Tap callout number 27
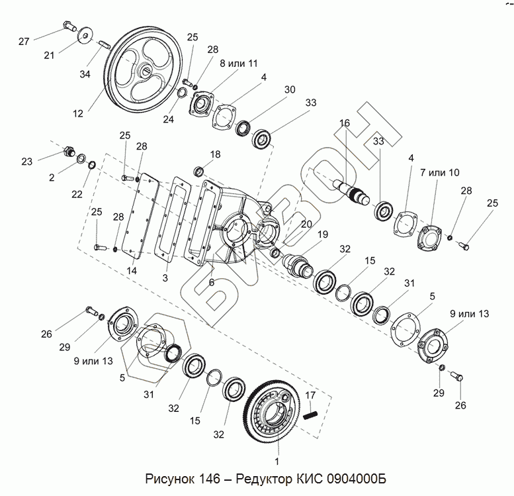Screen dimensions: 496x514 tap(24, 42)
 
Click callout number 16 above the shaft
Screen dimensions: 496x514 tap(344, 123)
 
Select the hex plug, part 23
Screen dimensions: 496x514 tap(67, 153)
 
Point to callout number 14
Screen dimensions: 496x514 tap(132, 271)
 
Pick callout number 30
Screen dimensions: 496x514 tap(288, 90)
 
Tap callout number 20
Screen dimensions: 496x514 tap(306, 224)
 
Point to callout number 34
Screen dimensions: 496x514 tap(84, 75)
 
